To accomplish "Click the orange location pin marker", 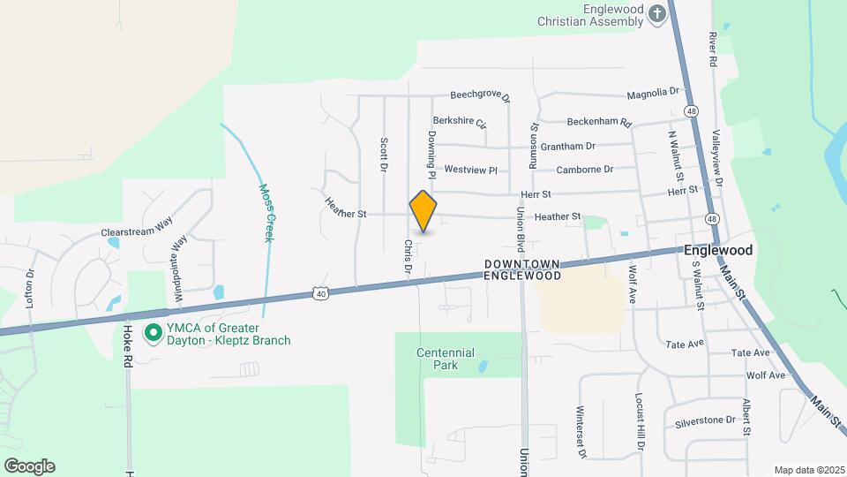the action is coord(423,212).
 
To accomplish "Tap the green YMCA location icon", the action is coord(153,333).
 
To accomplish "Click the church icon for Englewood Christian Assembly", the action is coord(656,13).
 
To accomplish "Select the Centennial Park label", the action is coord(446,359).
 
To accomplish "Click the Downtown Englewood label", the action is coord(523,269).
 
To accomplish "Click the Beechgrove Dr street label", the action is coord(481,95).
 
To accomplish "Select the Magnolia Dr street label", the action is coord(653,92).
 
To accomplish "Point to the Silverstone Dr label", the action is coord(705,420).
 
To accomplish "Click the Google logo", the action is coord(29,466).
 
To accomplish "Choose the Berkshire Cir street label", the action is coord(460,122).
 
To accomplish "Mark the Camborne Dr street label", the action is coord(584,169).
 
